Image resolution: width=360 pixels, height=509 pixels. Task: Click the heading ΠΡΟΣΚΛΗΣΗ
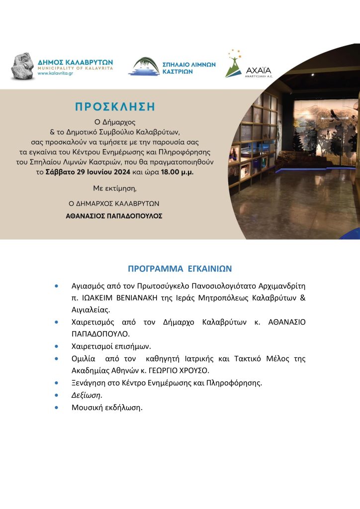[x=114, y=106]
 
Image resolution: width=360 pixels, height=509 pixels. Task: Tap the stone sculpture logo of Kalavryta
[x=22, y=66]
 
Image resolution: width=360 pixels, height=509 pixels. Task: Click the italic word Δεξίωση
[x=87, y=395]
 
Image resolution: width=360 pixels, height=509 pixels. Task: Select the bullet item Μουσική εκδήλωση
[x=106, y=408]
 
